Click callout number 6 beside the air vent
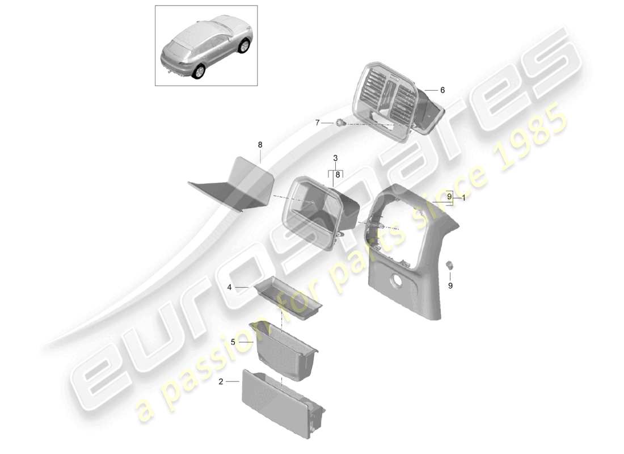click(x=442, y=90)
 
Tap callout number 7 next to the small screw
click(x=318, y=123)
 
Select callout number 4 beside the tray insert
click(x=230, y=288)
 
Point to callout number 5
click(x=233, y=342)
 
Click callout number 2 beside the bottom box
click(x=221, y=382)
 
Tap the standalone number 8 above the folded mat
click(x=260, y=145)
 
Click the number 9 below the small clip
click(x=450, y=286)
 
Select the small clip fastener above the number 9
click(x=450, y=264)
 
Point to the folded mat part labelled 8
click(x=233, y=184)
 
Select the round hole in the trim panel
click(x=395, y=280)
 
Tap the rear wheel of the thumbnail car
click(x=199, y=72)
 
